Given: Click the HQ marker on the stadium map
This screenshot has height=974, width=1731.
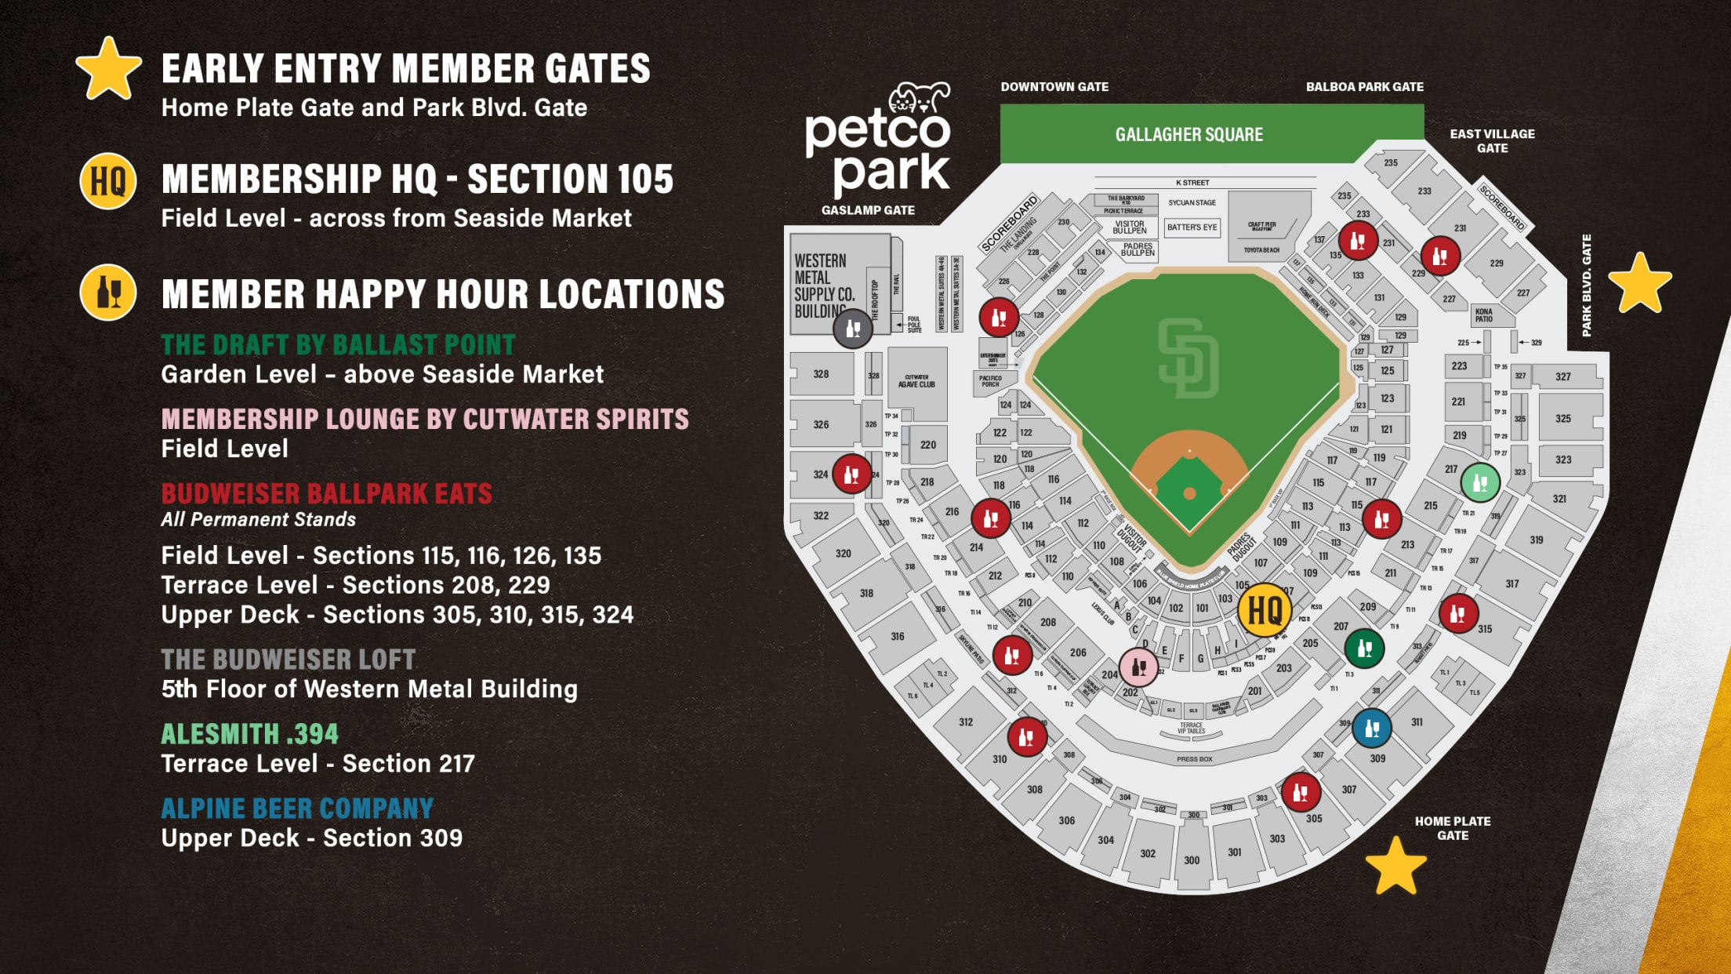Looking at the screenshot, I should (x=1264, y=609).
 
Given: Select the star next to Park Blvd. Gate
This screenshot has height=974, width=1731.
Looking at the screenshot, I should (x=1639, y=283).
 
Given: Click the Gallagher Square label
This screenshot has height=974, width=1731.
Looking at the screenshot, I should (x=1188, y=134).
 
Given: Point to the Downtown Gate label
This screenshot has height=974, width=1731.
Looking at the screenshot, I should (x=1054, y=87).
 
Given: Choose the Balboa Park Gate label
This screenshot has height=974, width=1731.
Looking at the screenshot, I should (x=1364, y=87).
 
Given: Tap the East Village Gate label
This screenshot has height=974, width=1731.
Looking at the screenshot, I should (x=1492, y=141).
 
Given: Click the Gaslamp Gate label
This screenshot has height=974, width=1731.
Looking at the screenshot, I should (x=868, y=210).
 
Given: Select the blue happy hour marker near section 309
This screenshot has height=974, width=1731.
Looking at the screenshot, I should (x=1372, y=728).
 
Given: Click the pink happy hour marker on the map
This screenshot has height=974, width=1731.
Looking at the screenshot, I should (x=1138, y=667).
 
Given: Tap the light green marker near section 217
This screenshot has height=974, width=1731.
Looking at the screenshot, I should (x=1480, y=482).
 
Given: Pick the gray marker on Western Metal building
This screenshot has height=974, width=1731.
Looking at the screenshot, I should (x=853, y=329).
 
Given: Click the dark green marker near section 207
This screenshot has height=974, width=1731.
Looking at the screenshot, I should (x=1364, y=648).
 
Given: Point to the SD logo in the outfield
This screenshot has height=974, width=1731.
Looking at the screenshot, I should (x=1188, y=358).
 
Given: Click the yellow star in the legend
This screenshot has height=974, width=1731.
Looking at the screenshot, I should (x=108, y=69).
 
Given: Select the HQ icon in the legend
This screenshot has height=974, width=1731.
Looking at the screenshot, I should (x=108, y=181).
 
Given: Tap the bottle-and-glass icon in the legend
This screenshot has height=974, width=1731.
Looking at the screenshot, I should (x=108, y=293).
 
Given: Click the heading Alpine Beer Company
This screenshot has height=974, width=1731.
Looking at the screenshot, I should (x=297, y=809).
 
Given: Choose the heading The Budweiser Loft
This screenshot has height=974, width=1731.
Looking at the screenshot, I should (x=288, y=660).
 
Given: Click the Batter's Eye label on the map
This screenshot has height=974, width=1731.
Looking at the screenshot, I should (x=1192, y=227).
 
